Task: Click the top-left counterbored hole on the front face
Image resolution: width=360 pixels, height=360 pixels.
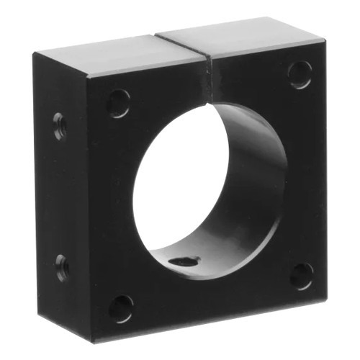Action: (119, 103)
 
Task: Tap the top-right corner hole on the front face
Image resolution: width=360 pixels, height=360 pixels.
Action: (300, 74)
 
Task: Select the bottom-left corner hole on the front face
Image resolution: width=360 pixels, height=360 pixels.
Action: (121, 308)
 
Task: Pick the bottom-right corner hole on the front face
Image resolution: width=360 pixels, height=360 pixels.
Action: (302, 276)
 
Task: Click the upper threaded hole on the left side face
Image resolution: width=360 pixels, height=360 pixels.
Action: (60, 127)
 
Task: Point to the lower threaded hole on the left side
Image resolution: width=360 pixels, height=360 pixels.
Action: (62, 267)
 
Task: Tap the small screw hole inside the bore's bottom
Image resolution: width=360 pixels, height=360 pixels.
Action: (186, 261)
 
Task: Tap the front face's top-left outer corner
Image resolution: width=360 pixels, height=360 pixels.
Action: (89, 76)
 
